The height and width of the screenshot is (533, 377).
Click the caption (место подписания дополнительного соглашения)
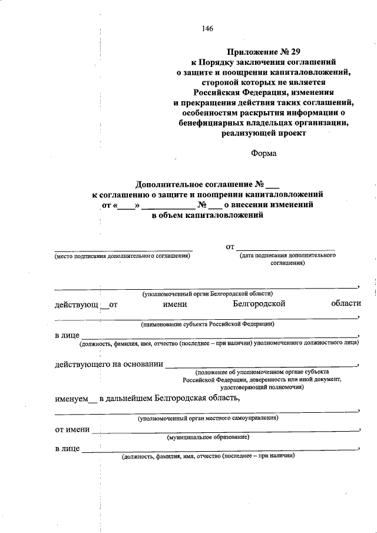point(123,256)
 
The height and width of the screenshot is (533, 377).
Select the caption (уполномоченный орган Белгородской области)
point(207,294)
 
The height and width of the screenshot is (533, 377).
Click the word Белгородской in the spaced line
point(259,304)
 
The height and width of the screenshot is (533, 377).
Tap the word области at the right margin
point(346,304)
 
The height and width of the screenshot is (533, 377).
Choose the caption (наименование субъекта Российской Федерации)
point(207,325)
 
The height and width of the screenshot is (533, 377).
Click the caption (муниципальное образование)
point(208,438)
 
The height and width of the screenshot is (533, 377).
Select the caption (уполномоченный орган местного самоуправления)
point(208,418)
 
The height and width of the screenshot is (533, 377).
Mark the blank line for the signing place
point(123,250)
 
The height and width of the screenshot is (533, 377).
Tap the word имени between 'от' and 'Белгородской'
point(175,304)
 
